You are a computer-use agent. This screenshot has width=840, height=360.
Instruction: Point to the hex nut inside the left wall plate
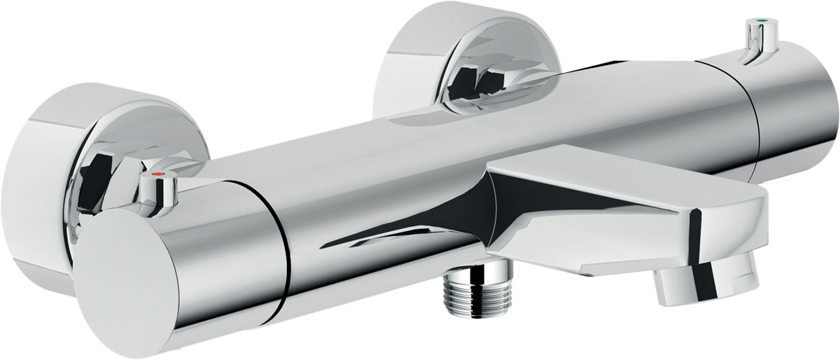tap(98, 182)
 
